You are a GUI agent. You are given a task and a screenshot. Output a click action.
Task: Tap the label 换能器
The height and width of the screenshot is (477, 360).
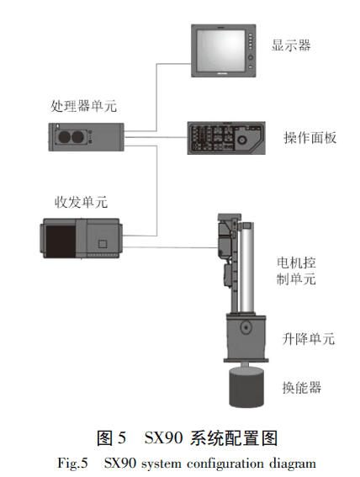point(300,387)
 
